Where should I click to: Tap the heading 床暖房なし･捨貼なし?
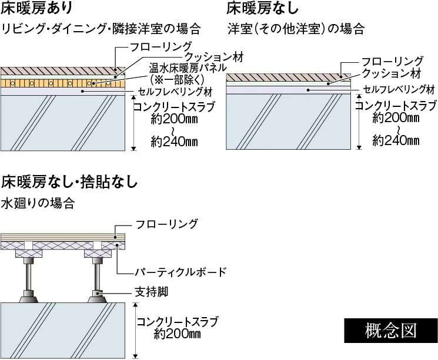point(71,181)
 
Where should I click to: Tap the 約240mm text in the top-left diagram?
point(173,142)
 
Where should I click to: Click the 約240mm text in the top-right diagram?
point(396,141)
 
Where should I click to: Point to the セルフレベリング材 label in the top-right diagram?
point(398,89)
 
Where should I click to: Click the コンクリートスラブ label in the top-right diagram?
point(396,106)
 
